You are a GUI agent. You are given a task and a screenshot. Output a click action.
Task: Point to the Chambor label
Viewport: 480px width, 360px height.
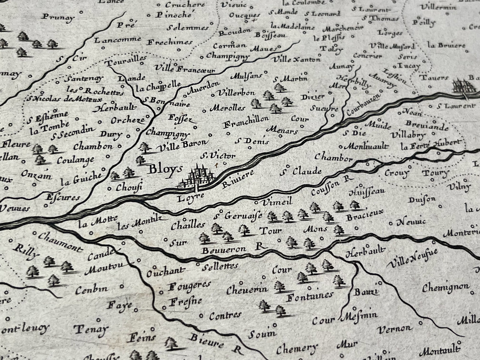pos(333,157)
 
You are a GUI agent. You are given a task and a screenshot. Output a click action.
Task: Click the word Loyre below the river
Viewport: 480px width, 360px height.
pos(190,198)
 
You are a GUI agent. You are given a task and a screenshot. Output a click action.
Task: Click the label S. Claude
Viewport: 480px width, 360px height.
pos(300,171)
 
